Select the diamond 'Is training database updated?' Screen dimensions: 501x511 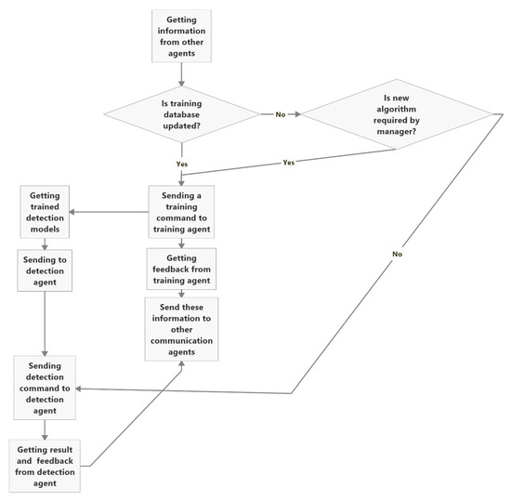pos(182,115)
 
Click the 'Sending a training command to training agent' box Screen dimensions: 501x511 pos(182,212)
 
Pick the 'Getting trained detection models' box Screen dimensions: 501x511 pos(45,212)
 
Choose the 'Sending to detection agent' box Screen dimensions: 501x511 pos(45,270)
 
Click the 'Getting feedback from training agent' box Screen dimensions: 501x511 pos(182,268)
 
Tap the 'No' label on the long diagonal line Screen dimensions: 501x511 pos(397,252)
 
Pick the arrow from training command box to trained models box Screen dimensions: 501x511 pos(110,212)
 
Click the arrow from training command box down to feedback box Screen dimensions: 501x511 pos(182,242)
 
